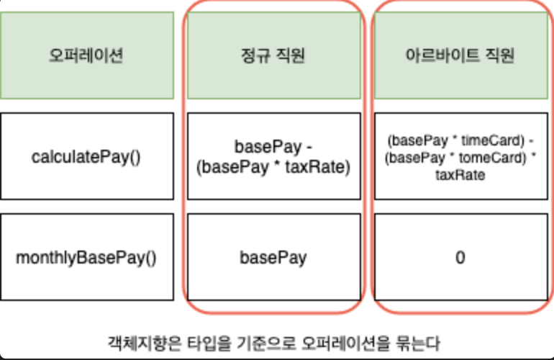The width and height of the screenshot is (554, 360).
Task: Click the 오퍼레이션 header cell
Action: [x=86, y=55]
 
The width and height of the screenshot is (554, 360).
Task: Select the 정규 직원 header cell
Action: [x=273, y=55]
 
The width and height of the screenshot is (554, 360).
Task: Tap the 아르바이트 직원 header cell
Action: [x=460, y=55]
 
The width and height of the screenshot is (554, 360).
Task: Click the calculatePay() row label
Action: [x=86, y=156]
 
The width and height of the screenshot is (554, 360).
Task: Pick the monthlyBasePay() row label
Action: [x=86, y=257]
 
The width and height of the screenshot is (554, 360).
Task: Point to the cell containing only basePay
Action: [x=273, y=257]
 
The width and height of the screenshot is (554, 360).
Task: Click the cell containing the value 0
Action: [x=460, y=257]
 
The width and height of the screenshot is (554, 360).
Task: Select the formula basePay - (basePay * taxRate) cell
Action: [x=273, y=156]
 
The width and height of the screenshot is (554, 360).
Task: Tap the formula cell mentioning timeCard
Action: [x=460, y=156]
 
